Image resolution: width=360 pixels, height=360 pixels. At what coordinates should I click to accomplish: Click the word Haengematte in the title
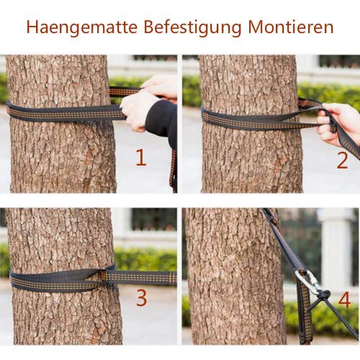[80, 27]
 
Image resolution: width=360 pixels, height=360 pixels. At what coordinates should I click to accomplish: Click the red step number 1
[141, 158]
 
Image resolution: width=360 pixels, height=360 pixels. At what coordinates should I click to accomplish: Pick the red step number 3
[141, 297]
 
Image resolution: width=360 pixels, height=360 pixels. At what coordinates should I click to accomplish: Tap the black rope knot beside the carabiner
[323, 294]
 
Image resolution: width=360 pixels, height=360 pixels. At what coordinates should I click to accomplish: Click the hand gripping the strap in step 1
[138, 108]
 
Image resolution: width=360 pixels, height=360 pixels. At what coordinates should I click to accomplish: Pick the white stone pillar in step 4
[336, 245]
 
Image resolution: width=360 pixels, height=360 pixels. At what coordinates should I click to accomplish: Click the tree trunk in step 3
[58, 238]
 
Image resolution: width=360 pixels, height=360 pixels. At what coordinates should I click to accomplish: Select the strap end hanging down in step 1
[173, 169]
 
